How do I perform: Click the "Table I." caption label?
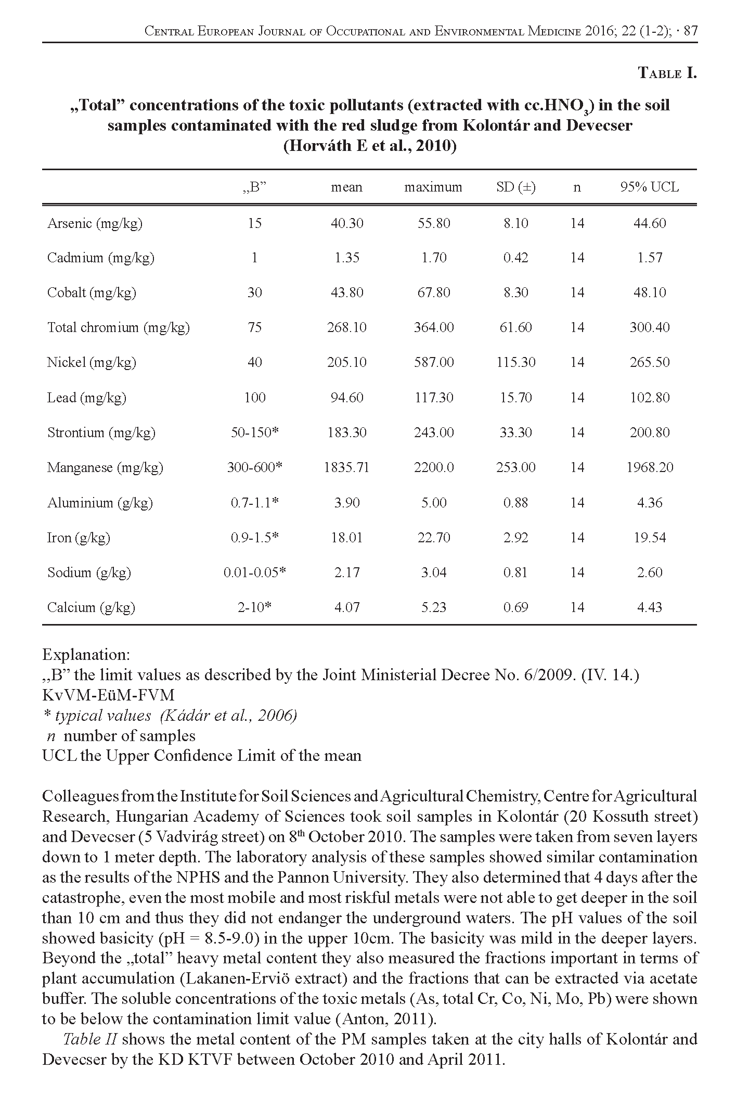(667, 73)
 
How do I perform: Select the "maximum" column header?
(433, 187)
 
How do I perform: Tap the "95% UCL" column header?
(649, 187)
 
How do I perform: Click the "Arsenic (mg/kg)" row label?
(95, 223)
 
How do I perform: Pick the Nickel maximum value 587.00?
(434, 362)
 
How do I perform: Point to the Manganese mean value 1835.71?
(346, 467)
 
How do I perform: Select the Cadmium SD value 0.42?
(515, 258)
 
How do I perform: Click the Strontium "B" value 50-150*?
(255, 432)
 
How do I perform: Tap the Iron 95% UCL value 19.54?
(650, 537)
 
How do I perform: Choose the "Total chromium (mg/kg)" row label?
(119, 327)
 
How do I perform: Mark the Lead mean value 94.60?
(347, 398)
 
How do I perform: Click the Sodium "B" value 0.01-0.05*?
(255, 572)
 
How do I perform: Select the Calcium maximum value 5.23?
(434, 607)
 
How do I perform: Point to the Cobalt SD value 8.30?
(515, 292)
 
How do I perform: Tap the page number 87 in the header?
(690, 31)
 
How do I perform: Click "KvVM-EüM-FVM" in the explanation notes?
(108, 695)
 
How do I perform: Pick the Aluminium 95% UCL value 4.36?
(650, 503)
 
